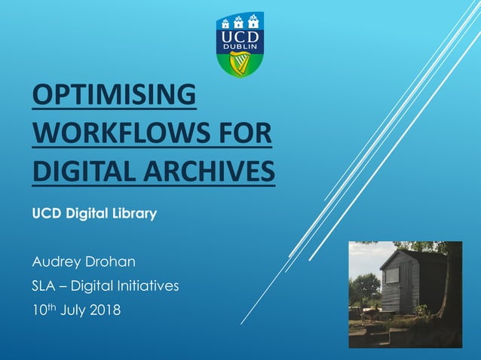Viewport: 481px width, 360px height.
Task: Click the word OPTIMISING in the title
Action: tap(114, 98)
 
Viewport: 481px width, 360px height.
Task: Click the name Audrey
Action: tap(57, 263)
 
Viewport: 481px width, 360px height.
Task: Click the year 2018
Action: tap(104, 310)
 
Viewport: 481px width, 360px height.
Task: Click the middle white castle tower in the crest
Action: tap(240, 20)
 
